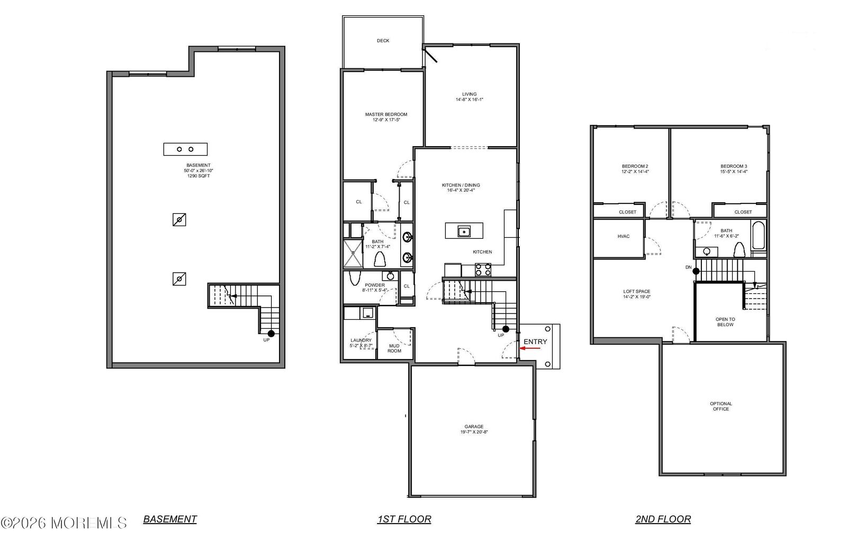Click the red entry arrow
531,348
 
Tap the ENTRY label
535,342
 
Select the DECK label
383,41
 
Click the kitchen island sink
464,231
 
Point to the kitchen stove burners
483,269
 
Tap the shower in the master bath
354,254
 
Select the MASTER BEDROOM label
386,114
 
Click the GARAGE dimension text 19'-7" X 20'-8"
474,432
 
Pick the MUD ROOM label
394,348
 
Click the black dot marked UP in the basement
271,333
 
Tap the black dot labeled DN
697,271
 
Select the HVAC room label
623,236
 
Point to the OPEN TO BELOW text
725,322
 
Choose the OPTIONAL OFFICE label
720,406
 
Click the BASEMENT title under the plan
170,519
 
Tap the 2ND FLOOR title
663,519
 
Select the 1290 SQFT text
199,176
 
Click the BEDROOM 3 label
733,166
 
